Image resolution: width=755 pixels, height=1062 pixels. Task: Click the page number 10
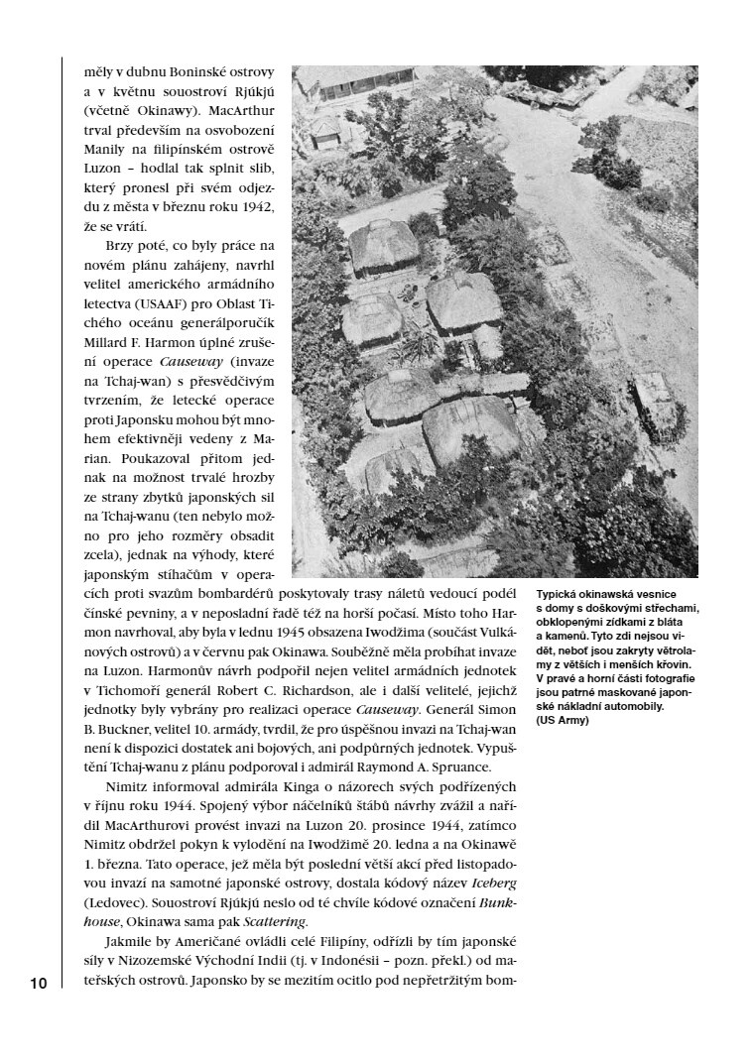coord(38,984)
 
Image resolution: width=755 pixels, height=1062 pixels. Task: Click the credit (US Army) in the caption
coord(563,719)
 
